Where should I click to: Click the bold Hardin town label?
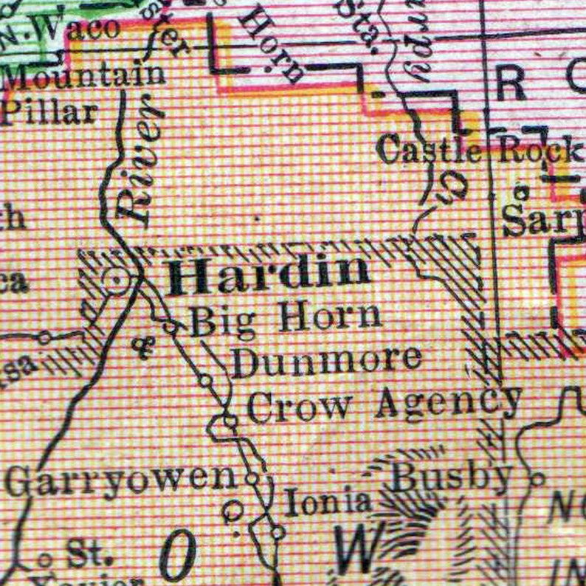click(269, 275)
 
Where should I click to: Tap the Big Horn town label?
click(286, 320)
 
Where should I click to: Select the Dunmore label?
click(327, 362)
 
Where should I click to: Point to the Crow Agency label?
click(384, 404)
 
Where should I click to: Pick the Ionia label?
click(328, 503)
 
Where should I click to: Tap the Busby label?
click(450, 478)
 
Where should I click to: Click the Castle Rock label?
click(478, 151)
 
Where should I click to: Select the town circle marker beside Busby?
click(537, 479)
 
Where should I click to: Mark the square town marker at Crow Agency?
click(230, 421)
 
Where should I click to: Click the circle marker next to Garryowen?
click(252, 478)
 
